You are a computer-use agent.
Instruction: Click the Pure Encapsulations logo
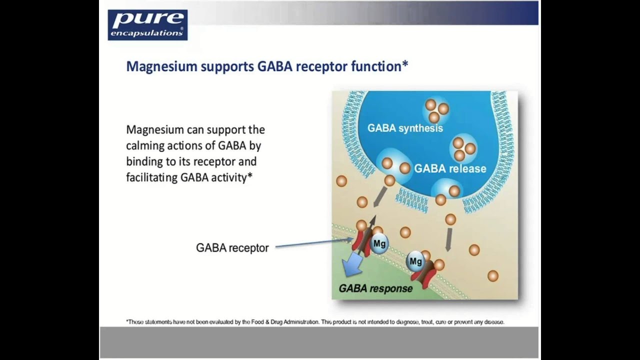pos(147,24)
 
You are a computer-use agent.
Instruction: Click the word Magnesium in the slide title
pos(161,66)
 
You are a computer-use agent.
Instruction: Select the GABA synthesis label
pos(405,128)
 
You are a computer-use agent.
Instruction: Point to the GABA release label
pos(450,168)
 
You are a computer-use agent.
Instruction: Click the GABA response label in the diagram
pos(375,288)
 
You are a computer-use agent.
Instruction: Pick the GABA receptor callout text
pos(232,248)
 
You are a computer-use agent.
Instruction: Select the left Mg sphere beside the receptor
pos(379,244)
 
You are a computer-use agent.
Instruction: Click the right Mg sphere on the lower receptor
pos(415,261)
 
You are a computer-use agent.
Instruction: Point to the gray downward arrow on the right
pos(448,239)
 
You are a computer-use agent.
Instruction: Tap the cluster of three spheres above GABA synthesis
pos(436,110)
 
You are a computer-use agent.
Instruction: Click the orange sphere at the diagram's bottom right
pos(492,275)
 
